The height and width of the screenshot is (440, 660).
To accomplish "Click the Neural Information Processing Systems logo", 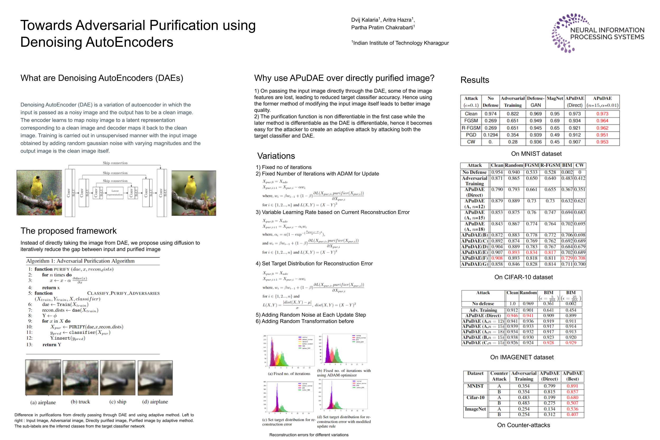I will (597, 33).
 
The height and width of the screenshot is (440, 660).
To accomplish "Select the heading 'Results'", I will (475, 80).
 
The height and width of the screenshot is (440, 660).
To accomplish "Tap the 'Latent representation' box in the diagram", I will (115, 193).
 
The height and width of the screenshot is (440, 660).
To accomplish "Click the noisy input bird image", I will (39, 193).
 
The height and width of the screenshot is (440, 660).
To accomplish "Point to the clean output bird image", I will (194, 193).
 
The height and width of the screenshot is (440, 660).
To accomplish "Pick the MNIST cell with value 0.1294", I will (490, 135).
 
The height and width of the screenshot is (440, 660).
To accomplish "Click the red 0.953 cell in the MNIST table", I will (602, 142).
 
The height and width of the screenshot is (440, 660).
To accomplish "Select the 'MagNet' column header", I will (555, 99).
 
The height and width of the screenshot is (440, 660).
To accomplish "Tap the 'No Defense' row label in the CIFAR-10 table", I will (474, 172).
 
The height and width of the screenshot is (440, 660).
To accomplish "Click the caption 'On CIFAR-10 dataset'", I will (524, 277).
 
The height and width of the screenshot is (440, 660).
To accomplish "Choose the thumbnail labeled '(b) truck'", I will (81, 378).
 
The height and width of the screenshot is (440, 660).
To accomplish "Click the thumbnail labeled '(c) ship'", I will (117, 378).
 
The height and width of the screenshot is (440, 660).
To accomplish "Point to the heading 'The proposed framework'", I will (68, 231).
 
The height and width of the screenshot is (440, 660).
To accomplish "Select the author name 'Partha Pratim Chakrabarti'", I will (382, 27).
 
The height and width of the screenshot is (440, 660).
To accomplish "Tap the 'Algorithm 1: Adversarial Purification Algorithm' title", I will (81, 261).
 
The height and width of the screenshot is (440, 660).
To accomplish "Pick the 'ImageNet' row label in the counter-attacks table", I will (475, 409).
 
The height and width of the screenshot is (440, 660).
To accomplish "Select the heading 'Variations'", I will (276, 156).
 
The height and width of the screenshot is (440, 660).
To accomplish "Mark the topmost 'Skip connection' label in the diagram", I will (115, 163).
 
